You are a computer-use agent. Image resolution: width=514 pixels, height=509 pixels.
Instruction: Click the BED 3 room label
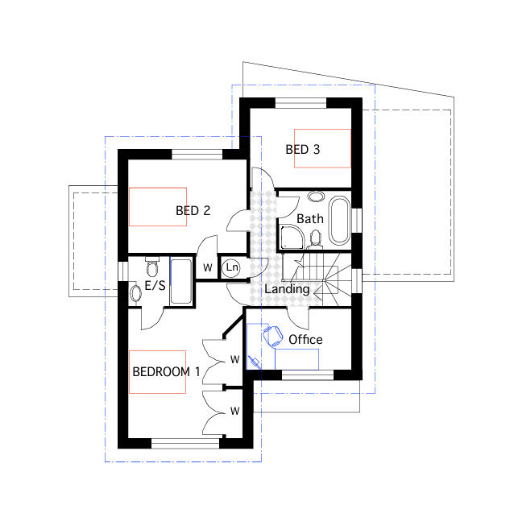(303, 149)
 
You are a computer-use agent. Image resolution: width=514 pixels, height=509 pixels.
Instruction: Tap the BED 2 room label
(193, 211)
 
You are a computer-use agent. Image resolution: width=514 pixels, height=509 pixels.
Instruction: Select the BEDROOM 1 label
(165, 372)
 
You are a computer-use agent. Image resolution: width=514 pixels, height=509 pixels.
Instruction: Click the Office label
(305, 339)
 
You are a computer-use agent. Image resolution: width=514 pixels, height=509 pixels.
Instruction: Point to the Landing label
(287, 289)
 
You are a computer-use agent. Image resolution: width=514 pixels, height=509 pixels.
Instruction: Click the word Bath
(310, 218)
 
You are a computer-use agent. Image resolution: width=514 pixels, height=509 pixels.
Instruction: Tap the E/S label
(155, 285)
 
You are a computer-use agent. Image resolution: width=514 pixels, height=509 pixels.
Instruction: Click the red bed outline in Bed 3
(322, 147)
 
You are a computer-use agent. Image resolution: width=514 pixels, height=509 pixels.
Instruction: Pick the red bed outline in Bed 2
(158, 206)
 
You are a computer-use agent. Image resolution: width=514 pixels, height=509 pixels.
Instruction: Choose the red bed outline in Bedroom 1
(157, 372)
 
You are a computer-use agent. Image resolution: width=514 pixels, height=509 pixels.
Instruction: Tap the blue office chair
(272, 334)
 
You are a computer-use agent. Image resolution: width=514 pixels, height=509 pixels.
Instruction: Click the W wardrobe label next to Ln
(207, 267)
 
